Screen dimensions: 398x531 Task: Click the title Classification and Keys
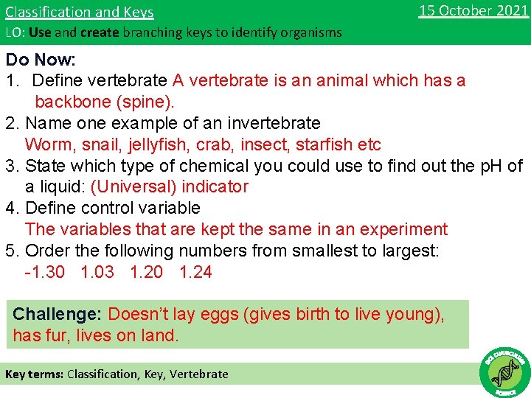pos(80,12)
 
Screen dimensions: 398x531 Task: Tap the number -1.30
pos(44,272)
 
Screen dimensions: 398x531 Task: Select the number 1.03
pos(97,272)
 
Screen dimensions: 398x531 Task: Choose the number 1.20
pos(146,272)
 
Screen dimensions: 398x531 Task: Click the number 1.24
pos(195,272)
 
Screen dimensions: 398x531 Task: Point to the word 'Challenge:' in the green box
pos(57,315)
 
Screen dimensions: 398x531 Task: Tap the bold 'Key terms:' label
pos(34,374)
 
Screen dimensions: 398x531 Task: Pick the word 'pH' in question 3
pos(482,166)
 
